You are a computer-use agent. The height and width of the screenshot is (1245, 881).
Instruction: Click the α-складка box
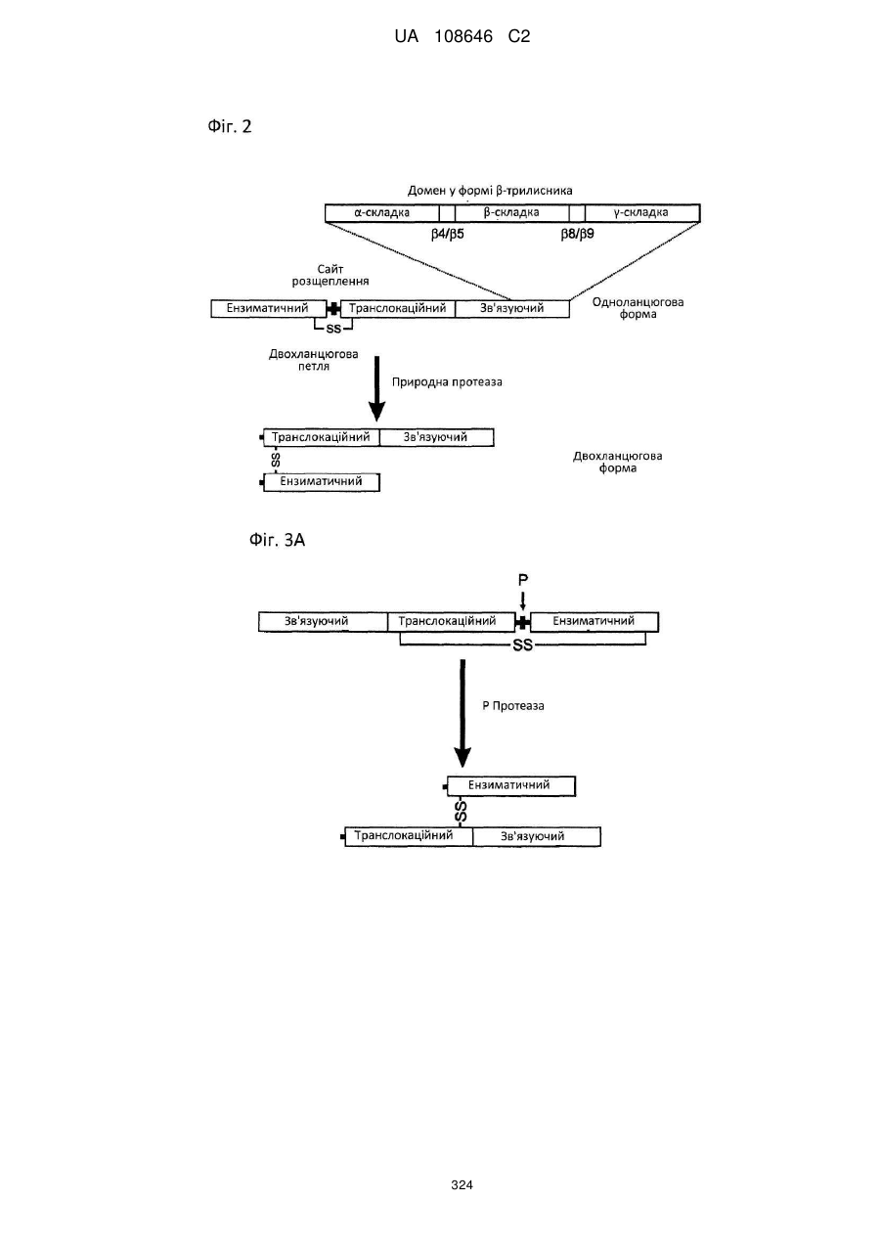382,213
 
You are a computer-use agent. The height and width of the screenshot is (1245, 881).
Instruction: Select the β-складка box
512,213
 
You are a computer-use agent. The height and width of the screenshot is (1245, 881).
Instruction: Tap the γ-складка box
642,213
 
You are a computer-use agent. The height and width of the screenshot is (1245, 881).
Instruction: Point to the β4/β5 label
448,234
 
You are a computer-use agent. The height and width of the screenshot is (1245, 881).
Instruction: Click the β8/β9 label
578,234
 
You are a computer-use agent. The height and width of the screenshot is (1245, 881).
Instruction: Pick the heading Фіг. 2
230,127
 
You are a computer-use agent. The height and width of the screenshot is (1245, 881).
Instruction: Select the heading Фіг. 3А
277,540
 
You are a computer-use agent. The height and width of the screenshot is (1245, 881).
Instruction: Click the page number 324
462,1185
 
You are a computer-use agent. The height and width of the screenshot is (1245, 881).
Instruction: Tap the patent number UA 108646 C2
463,37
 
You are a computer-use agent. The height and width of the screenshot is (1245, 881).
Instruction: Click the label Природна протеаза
447,382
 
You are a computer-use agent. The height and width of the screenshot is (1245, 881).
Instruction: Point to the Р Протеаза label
513,706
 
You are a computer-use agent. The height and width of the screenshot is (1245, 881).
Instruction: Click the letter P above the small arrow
523,580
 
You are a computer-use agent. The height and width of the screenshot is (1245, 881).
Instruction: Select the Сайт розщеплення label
330,276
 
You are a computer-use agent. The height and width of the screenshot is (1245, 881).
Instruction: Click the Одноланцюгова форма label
639,308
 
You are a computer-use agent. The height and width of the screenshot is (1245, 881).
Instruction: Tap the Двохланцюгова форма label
618,463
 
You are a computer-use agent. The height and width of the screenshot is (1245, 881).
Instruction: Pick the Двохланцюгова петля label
314,360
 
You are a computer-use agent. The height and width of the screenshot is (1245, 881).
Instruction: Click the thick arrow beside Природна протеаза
376,388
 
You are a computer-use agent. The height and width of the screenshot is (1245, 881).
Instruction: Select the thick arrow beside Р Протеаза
463,714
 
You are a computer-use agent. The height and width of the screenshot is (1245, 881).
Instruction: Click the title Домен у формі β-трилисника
490,191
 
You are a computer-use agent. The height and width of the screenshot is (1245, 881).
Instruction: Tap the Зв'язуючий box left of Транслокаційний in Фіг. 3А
323,621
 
